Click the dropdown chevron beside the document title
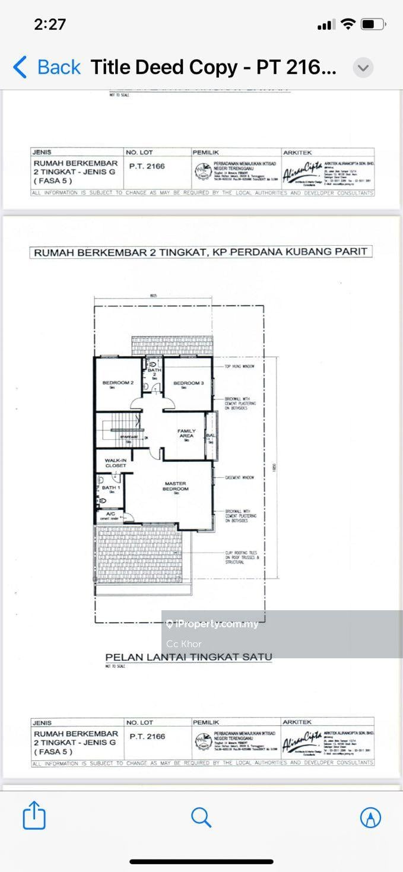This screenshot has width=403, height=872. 363,68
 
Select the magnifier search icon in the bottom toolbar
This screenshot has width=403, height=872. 201,817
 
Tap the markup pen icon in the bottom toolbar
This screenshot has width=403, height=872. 371,817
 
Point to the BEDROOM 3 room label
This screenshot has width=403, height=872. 188,383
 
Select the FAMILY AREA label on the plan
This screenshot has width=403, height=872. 186,434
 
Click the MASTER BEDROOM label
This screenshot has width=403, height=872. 176,486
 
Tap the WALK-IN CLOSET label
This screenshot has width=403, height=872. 116,463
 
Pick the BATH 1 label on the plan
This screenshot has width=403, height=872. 110,488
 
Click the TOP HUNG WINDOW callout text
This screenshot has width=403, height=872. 239,366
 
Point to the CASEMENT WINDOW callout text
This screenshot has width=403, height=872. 239,477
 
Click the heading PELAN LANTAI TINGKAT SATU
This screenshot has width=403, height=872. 188,657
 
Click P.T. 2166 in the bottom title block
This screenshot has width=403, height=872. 147,736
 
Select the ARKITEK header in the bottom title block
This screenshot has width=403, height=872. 297,722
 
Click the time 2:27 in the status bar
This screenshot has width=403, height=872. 50,24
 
